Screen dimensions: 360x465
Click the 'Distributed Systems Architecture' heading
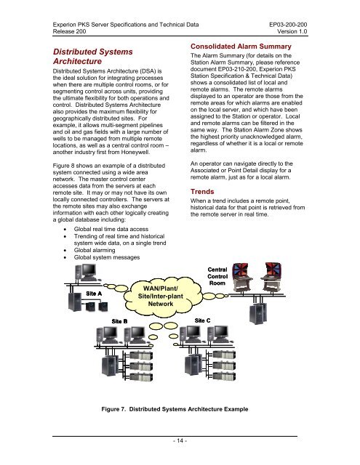93,57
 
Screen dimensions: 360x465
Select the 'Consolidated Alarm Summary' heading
241,46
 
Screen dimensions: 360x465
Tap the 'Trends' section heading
202,192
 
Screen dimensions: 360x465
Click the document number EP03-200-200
288,25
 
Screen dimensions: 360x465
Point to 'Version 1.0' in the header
292,31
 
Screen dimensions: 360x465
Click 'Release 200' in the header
69,31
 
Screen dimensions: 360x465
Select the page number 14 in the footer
180,440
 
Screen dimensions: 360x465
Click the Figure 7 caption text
175,409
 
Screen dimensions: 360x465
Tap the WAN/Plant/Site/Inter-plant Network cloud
161,296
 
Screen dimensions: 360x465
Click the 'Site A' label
94,294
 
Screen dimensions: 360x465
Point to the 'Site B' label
119,321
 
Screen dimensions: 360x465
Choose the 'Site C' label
202,320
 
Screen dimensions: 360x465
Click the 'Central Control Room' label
217,276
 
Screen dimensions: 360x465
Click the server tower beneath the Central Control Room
257,313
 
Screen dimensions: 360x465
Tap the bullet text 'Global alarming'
95,250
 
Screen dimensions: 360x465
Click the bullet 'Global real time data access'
111,229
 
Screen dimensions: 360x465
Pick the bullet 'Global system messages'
107,257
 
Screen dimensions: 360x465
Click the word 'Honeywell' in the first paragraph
135,152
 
